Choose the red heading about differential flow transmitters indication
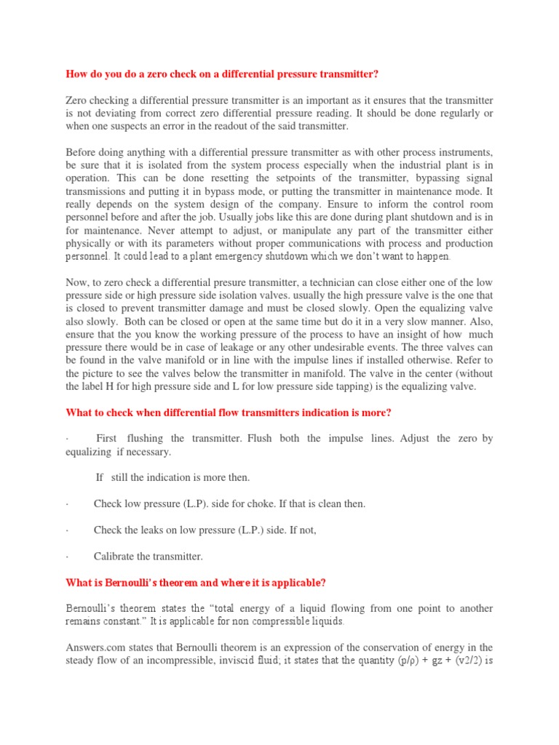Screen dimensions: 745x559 229,413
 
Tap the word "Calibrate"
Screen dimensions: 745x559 115,557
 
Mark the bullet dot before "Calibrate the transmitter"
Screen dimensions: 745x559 67,557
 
